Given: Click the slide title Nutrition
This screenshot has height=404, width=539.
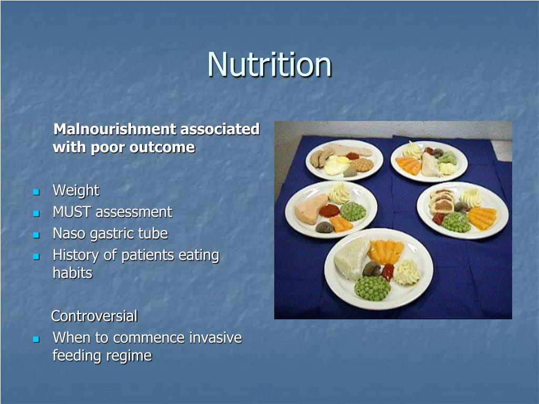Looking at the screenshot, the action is tap(269, 64).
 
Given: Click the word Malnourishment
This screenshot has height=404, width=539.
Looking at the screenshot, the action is tap(115, 129).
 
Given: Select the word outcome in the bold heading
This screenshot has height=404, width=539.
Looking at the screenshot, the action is tap(162, 147).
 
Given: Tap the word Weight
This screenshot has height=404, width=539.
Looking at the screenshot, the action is tap(76, 190).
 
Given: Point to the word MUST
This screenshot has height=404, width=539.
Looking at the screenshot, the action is tap(72, 212).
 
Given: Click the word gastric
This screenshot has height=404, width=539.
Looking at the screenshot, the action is tap(112, 234).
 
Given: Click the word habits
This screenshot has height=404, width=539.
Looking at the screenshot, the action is tap(73, 273).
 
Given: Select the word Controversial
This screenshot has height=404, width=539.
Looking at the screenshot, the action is tap(94, 316).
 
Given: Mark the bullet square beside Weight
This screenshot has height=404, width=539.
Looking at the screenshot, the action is tap(36, 192).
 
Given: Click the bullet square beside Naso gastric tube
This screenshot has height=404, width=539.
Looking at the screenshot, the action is tap(36, 235).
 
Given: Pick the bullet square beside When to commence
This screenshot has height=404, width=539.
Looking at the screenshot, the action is tap(36, 339).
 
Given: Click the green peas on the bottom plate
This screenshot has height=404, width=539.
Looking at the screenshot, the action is tap(373, 288).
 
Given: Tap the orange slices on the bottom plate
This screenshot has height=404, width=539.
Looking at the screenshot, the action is tap(386, 251).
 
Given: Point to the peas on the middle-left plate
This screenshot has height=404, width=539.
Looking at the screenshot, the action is tap(353, 211).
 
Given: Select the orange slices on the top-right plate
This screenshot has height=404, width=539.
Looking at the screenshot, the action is tap(408, 166).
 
